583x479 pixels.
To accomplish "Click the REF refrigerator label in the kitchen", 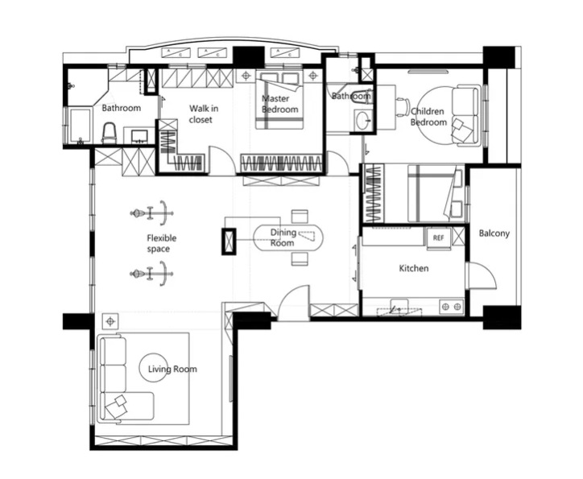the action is (438, 237).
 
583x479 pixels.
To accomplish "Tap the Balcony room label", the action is (494, 233).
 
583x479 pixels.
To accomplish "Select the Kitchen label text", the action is (414, 268).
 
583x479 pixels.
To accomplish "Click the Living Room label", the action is (172, 369).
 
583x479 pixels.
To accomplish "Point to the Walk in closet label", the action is (204, 114).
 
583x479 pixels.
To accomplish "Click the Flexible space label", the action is (161, 243).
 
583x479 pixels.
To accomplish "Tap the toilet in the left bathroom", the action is (110, 134).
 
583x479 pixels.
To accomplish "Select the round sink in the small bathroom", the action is (362, 120).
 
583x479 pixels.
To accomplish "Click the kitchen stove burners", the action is (451, 307).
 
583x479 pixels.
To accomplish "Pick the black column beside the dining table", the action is (229, 242).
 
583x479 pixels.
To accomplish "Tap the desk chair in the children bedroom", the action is (403, 107).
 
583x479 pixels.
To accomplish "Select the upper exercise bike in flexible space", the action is (152, 213).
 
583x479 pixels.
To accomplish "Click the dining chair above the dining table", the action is (300, 217).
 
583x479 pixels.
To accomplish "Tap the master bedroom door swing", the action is (222, 159).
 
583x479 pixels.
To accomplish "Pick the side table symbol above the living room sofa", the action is (110, 321).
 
